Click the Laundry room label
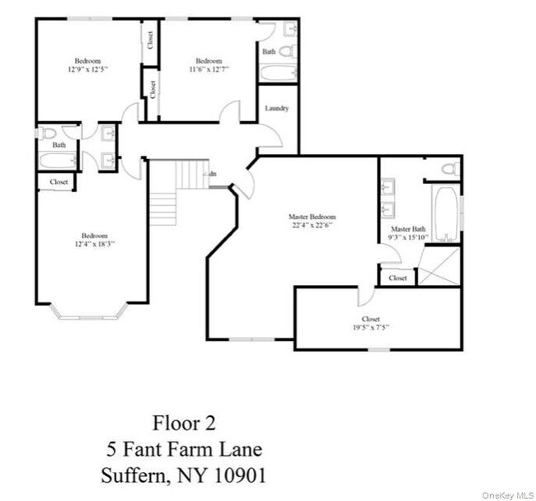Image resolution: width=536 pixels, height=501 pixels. pos(276,108)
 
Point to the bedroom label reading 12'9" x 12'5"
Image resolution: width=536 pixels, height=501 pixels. pos(88,65)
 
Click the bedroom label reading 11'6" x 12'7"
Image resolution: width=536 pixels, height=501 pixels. pos(209,65)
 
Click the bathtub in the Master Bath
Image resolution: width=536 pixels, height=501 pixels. pos(446,213)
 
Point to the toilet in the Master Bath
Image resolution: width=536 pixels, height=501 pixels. pos(448,169)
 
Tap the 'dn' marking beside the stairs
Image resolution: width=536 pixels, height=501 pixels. pos(212,174)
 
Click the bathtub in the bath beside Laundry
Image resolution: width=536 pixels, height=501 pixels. pos(275,73)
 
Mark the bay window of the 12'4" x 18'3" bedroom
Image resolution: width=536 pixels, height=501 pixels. pos(88,313)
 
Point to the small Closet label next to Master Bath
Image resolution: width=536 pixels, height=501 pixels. pos(397,278)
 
